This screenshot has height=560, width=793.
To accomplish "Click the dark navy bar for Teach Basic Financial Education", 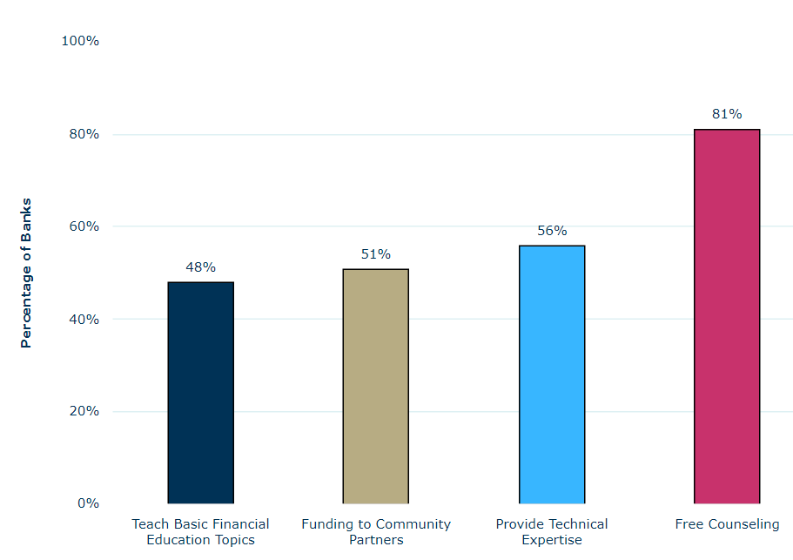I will (x=200, y=392).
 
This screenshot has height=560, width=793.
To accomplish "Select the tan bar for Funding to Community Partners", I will (x=375, y=386).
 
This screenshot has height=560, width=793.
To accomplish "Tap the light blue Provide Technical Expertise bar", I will (x=552, y=374).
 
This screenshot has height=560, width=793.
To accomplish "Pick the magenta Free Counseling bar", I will (x=727, y=316).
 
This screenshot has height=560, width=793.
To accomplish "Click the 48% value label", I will (x=200, y=267).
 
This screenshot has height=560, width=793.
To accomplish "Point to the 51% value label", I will (x=376, y=254).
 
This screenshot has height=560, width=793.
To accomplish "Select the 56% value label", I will (x=552, y=231).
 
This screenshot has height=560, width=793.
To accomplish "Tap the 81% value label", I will (x=727, y=114).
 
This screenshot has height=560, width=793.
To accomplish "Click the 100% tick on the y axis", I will (x=79, y=41).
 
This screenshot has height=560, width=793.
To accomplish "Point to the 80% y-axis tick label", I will (x=82, y=134).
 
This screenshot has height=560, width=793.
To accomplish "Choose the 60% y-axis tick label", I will (x=82, y=226).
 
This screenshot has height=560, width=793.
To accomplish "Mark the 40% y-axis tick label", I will (x=82, y=319).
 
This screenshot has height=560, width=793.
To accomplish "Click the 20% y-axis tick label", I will (x=82, y=411).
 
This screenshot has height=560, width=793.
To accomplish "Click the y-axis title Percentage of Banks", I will (x=26, y=273).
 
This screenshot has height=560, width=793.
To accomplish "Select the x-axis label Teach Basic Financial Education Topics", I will (x=200, y=532).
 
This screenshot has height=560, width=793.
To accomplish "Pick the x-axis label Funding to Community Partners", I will (x=376, y=532).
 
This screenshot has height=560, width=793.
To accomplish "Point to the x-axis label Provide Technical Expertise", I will (x=552, y=532).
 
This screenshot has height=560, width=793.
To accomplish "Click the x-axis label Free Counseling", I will (x=727, y=524).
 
